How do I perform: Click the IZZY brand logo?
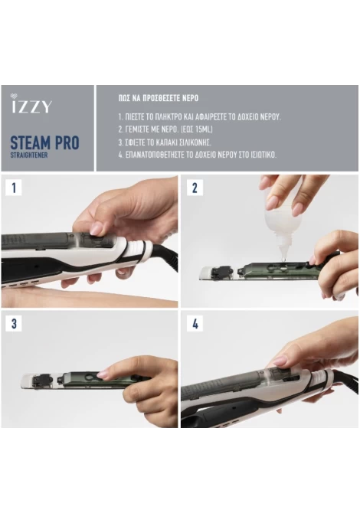pyautogui.click(x=31, y=103)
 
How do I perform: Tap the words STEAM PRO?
pyautogui.click(x=45, y=142)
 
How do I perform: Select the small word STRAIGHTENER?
pyautogui.click(x=29, y=155)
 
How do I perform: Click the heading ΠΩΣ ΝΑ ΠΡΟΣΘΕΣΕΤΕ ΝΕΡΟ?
pyautogui.click(x=159, y=98)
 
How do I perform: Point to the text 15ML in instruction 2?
pyautogui.click(x=203, y=129)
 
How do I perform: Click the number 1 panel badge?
pyautogui.click(x=14, y=188)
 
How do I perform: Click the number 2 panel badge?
pyautogui.click(x=195, y=188)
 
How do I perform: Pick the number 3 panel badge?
pyautogui.click(x=14, y=324)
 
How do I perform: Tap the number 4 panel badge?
pyautogui.click(x=195, y=324)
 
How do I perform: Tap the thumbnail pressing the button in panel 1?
pyautogui.click(x=96, y=229)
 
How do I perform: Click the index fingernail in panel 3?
pyautogui.click(x=103, y=374)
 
